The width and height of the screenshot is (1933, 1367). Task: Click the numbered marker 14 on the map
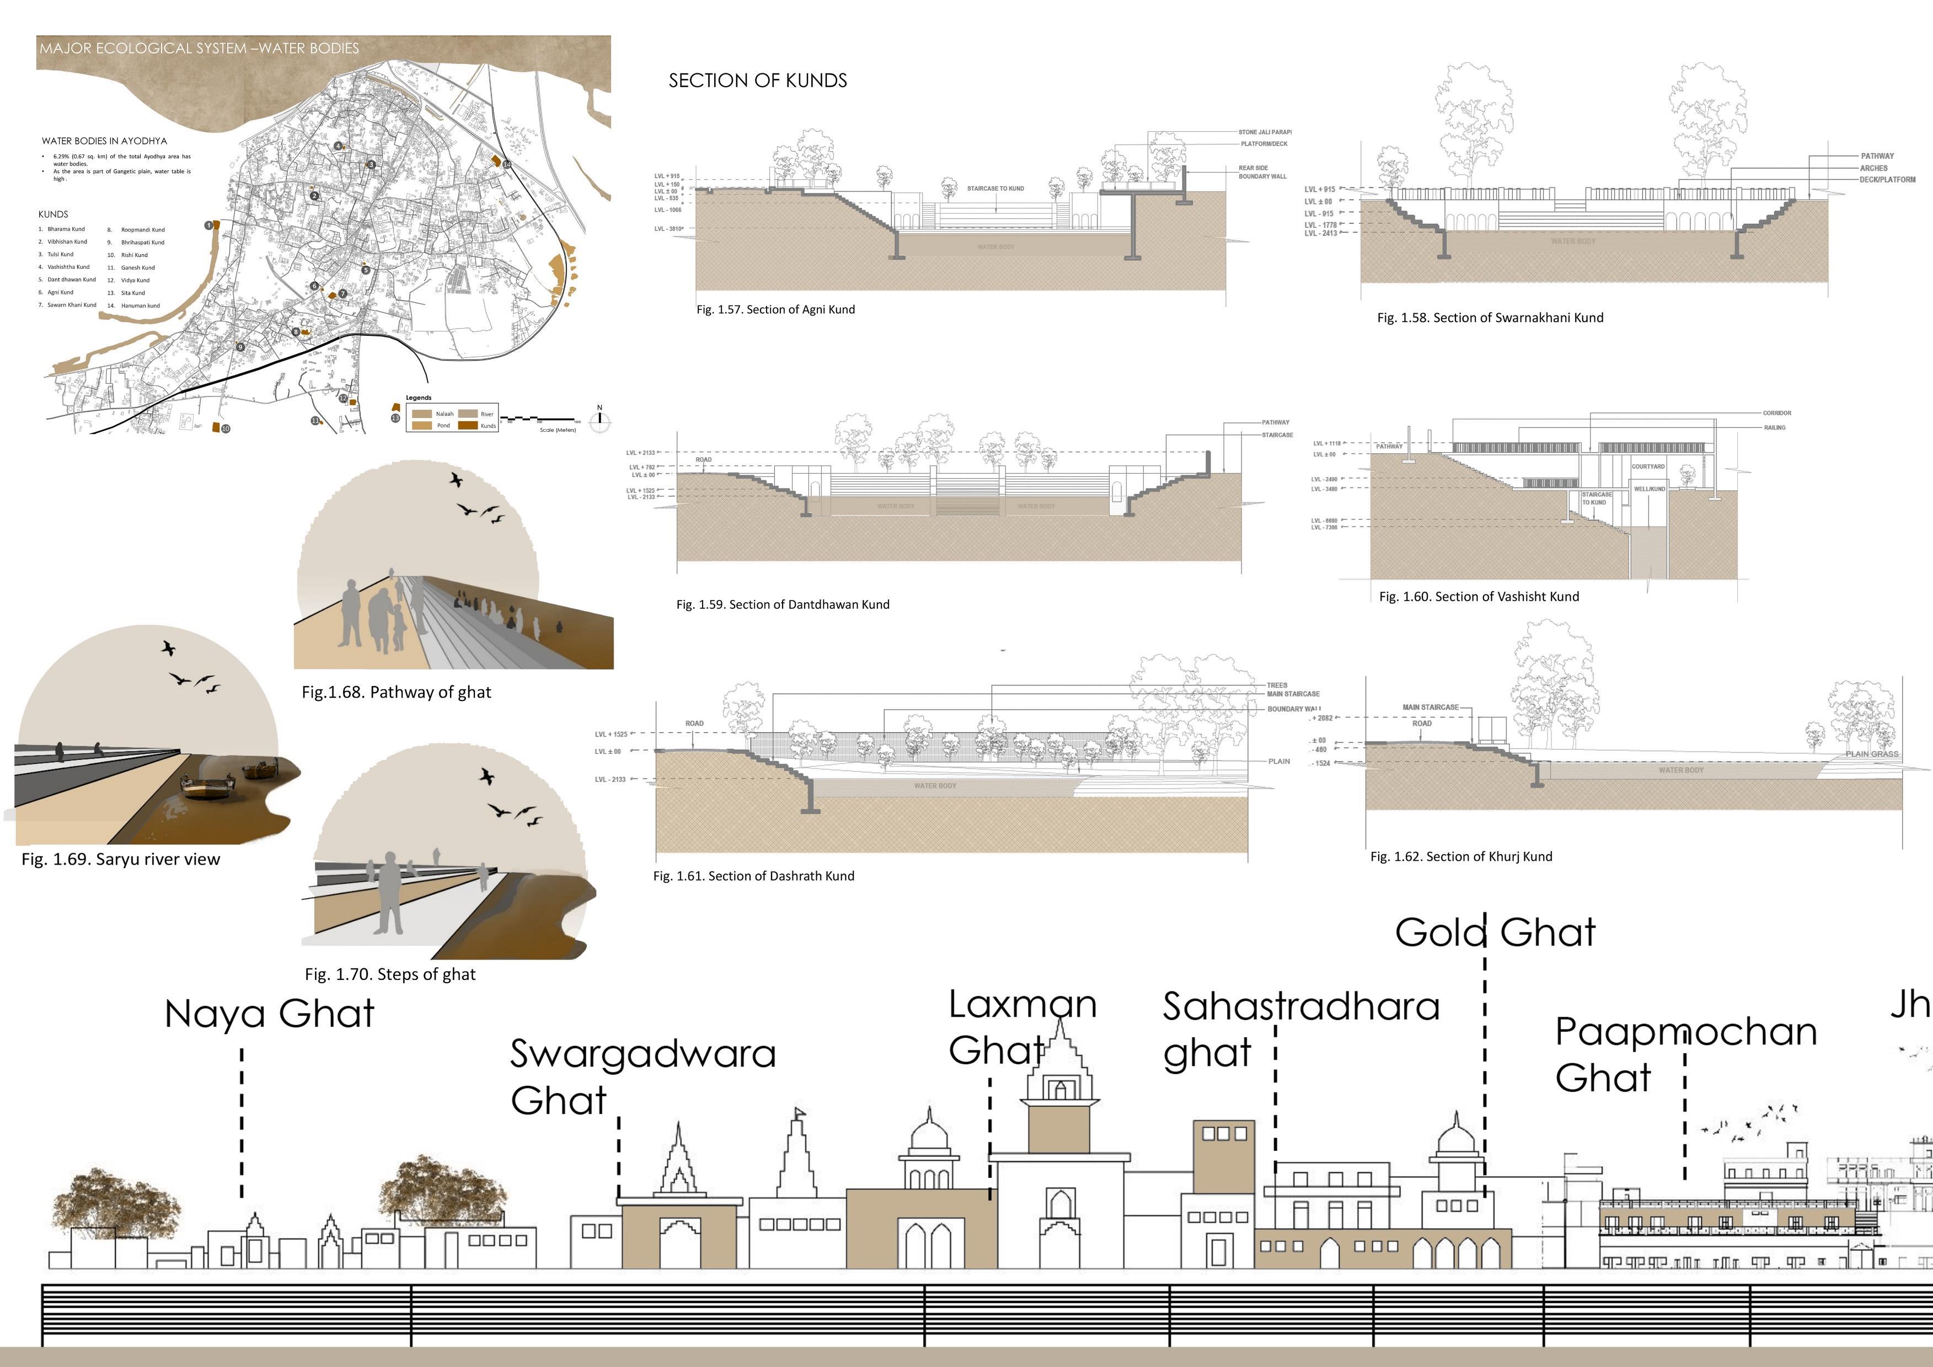click(507, 165)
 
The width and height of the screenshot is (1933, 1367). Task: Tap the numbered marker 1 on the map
click(209, 226)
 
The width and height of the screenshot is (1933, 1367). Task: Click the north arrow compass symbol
click(599, 419)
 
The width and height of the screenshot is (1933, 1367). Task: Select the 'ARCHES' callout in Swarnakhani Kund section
click(1873, 168)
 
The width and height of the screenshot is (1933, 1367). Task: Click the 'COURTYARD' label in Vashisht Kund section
click(1647, 467)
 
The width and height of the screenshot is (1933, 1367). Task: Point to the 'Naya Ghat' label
click(270, 1014)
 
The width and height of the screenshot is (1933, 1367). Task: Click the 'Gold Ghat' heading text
click(1495, 932)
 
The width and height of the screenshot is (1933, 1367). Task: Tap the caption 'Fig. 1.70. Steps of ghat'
click(390, 974)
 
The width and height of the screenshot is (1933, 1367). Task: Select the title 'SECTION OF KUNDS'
click(758, 81)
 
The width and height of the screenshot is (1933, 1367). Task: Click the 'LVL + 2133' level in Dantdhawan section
click(641, 453)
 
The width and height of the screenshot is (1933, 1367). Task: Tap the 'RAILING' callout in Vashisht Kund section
click(1775, 427)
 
